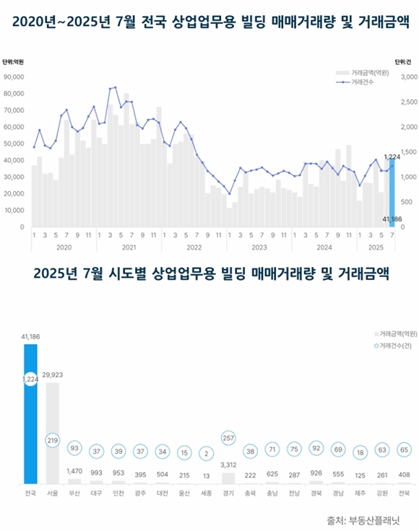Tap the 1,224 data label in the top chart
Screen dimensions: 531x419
pos(392,157)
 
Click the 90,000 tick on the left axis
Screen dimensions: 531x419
pos(14,76)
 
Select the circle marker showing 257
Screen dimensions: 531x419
pos(228,439)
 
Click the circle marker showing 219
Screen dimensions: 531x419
pos(52,439)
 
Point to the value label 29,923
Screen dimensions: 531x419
pos(52,376)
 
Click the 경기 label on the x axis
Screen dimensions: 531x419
pos(228,493)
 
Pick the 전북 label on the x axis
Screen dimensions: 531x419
pos(405,493)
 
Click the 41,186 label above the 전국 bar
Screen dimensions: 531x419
pos(30,337)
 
